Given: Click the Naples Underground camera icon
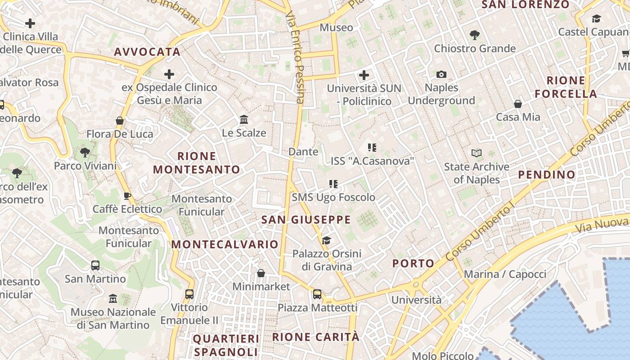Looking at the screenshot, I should pyautogui.click(x=441, y=74).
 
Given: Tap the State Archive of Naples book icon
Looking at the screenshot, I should pyautogui.click(x=477, y=153).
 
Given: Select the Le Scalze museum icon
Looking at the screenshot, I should pyautogui.click(x=244, y=120).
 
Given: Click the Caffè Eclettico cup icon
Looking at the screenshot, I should pyautogui.click(x=127, y=196).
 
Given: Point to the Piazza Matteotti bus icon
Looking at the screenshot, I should pyautogui.click(x=317, y=294).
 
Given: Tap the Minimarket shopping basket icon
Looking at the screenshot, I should pyautogui.click(x=261, y=273).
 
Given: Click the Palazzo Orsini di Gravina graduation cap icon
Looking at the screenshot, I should pyautogui.click(x=327, y=241).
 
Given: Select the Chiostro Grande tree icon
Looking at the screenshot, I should pyautogui.click(x=474, y=35).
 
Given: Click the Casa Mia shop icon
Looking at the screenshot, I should pyautogui.click(x=518, y=104).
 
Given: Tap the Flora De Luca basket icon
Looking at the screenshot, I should pyautogui.click(x=120, y=121).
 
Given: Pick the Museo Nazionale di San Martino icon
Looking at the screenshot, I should pyautogui.click(x=113, y=298).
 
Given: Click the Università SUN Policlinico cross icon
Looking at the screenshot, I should pyautogui.click(x=364, y=75).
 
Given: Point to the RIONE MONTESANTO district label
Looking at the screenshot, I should pyautogui.click(x=197, y=163).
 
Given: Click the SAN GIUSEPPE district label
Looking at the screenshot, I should pyautogui.click(x=306, y=220).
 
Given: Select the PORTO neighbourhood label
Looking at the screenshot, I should pyautogui.click(x=413, y=263).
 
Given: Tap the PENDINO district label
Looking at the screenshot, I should pyautogui.click(x=547, y=175).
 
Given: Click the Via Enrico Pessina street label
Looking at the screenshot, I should pyautogui.click(x=295, y=58).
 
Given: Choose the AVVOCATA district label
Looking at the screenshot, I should pyautogui.click(x=147, y=52).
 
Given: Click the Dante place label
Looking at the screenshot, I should pyautogui.click(x=303, y=152).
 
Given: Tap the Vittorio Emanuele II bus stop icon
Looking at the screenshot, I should pyautogui.click(x=189, y=294).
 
